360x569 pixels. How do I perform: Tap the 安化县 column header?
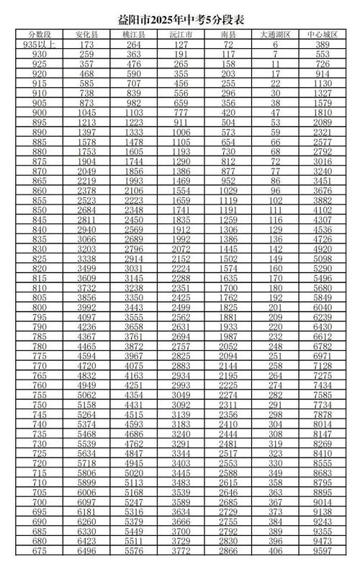tap(87, 34)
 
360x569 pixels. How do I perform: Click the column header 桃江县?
tap(134, 34)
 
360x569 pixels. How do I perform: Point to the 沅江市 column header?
tap(181, 34)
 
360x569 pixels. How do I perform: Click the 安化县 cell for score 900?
tap(87, 113)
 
